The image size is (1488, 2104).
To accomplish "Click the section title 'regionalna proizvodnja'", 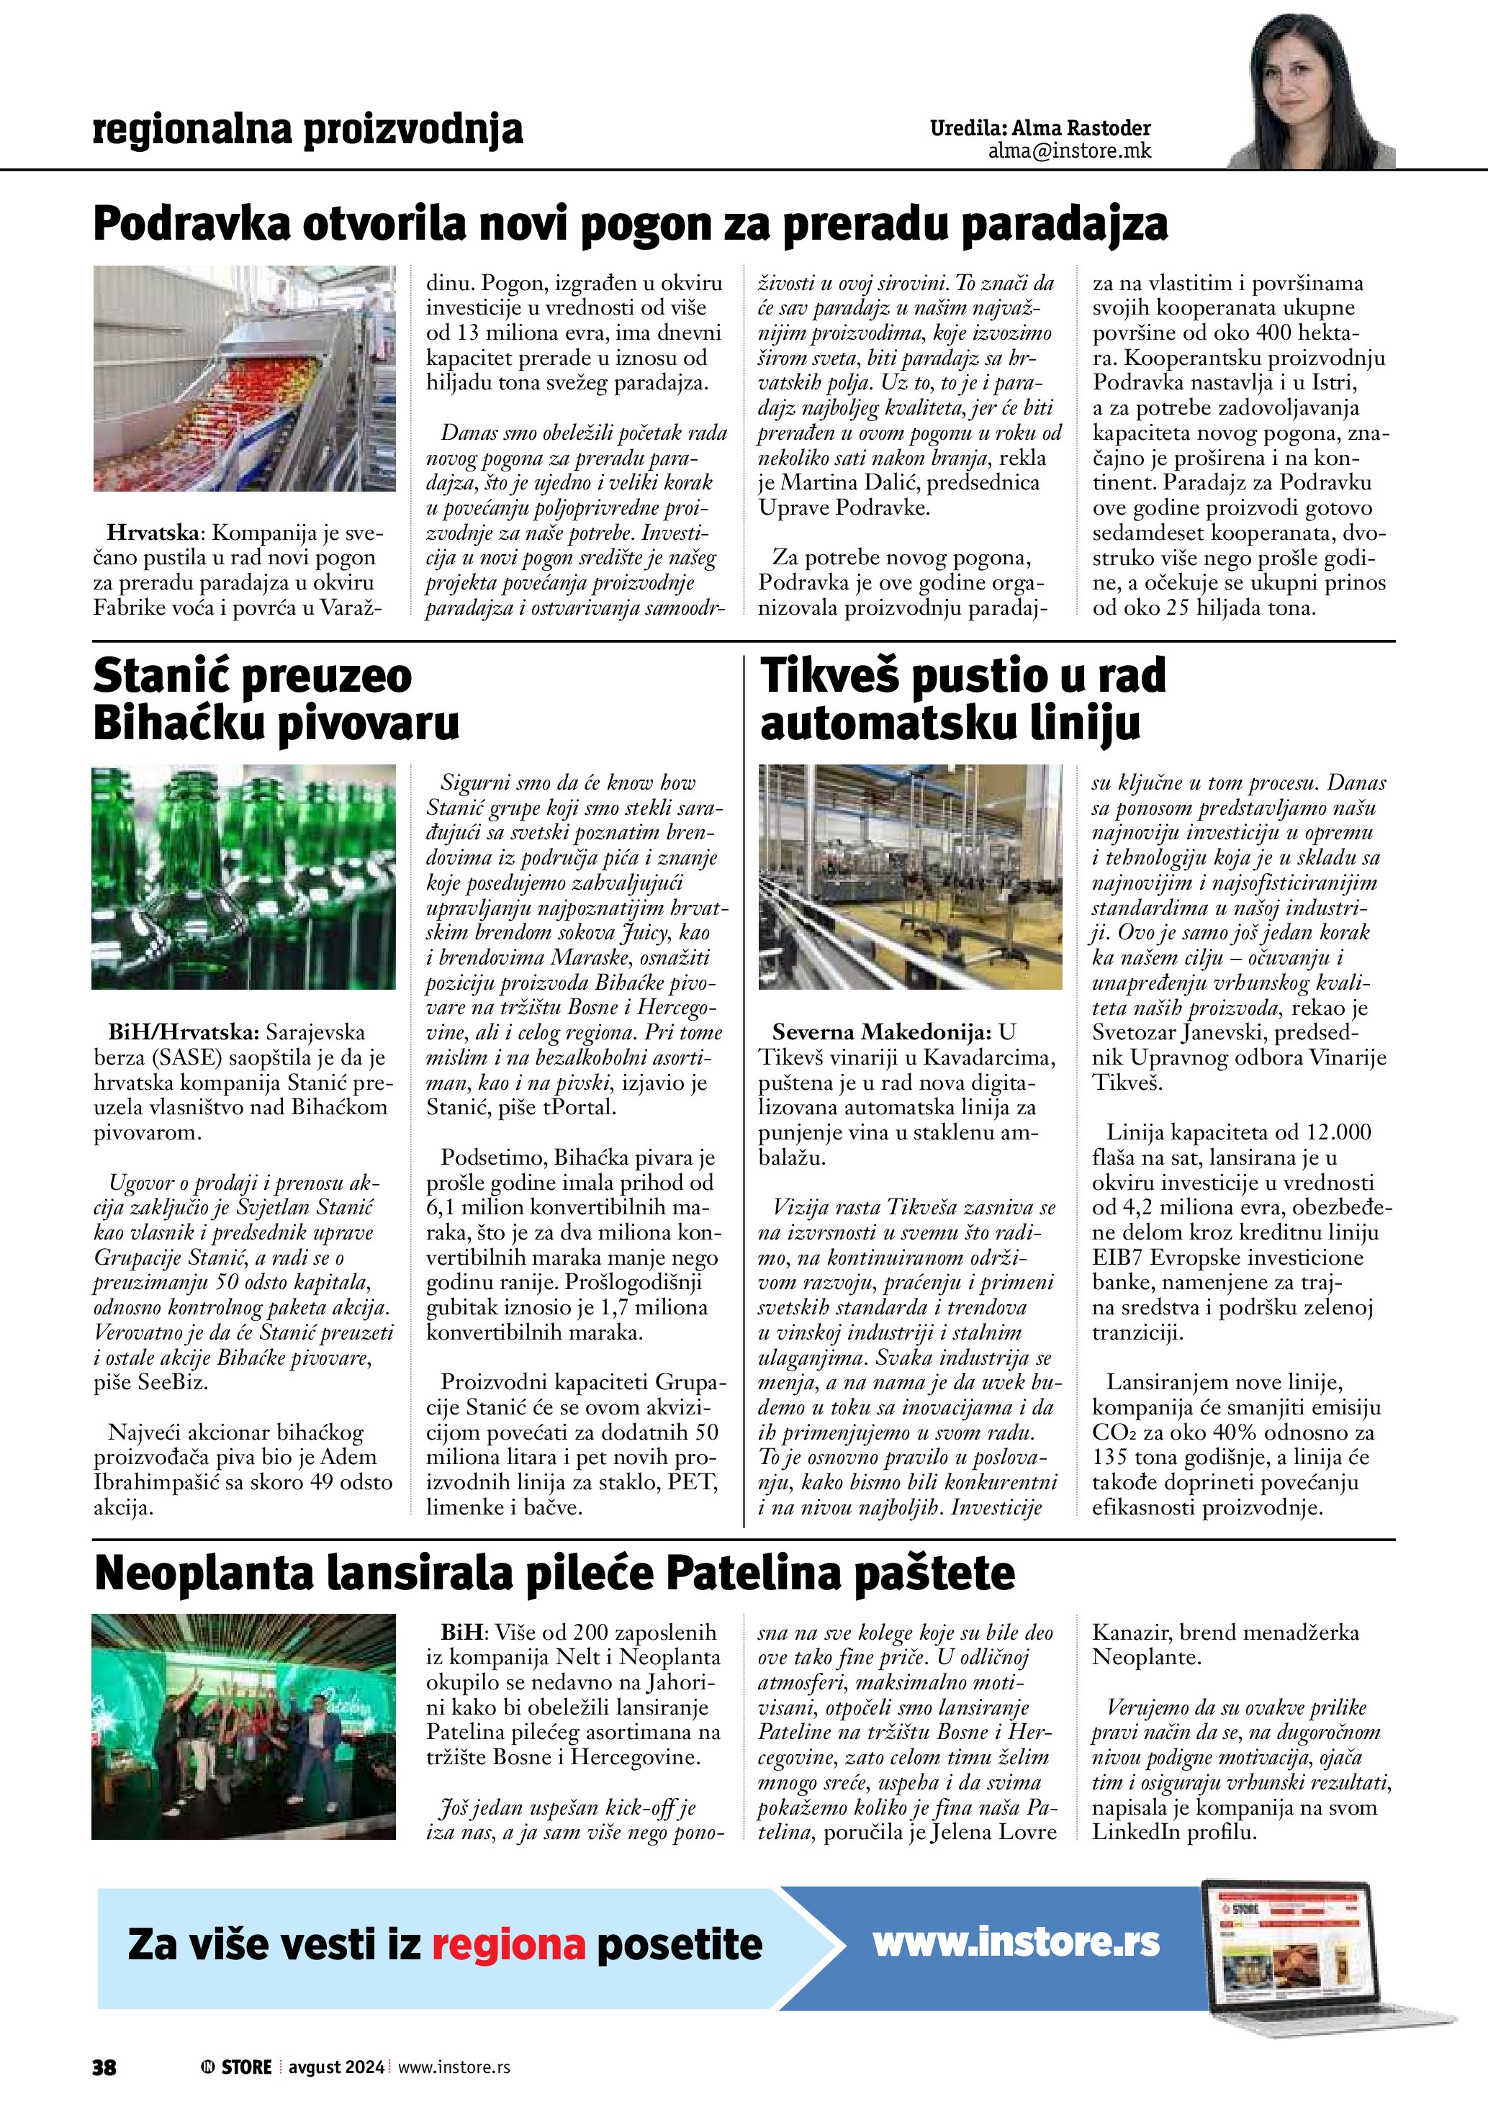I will click(x=308, y=130).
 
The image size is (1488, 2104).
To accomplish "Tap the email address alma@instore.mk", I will click(x=1069, y=151).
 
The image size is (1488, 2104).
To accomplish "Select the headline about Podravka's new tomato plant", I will click(x=631, y=225).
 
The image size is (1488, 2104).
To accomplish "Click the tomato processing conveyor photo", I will click(x=244, y=379).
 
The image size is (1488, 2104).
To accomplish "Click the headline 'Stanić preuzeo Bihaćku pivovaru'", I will click(x=275, y=699).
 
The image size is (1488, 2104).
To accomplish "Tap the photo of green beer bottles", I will click(x=244, y=877).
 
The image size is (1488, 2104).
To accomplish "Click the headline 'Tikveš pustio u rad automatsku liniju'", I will click(x=962, y=699).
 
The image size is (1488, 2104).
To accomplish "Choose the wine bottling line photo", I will click(x=910, y=877).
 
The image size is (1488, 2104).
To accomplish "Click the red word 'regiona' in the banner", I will click(x=508, y=1944).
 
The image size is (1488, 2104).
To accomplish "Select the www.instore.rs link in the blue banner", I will click(x=1015, y=1942).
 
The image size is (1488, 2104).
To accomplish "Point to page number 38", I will click(x=104, y=2067).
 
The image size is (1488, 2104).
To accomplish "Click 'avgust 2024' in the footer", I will click(x=336, y=2067).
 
